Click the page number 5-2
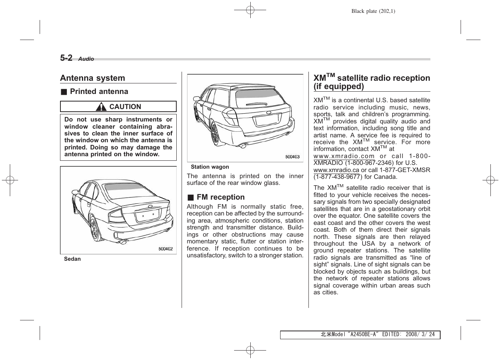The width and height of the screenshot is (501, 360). click(66, 58)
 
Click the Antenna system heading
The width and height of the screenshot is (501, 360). click(92, 78)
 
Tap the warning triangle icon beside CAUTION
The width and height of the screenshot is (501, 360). click(101, 107)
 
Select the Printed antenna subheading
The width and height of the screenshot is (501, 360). click(99, 92)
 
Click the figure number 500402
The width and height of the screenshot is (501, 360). click(165, 249)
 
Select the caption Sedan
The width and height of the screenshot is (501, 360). click(72, 259)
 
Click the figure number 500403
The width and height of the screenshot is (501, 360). click(292, 157)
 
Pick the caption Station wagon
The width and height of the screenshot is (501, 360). click(210, 167)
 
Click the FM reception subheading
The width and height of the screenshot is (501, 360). click(220, 197)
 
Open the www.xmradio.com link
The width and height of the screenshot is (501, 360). click(344, 156)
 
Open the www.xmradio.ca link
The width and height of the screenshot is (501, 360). click(336, 170)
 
